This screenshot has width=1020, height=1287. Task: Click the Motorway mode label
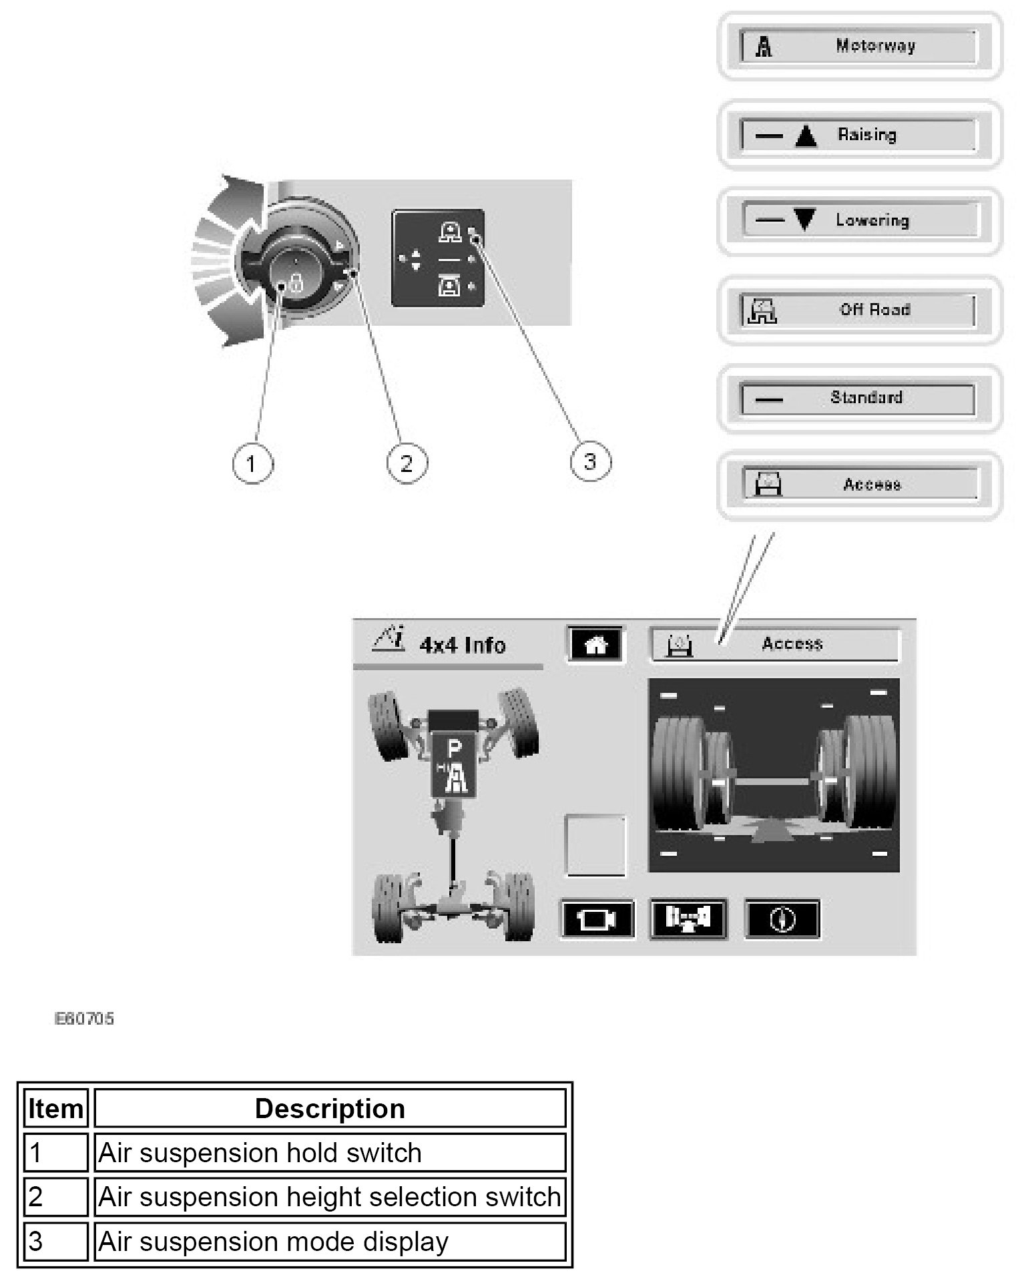pyautogui.click(x=874, y=46)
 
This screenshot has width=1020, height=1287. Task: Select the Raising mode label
pyautogui.click(x=866, y=135)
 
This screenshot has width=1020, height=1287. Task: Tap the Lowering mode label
pyautogui.click(x=872, y=220)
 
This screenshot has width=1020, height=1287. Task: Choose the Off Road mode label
pyautogui.click(x=874, y=310)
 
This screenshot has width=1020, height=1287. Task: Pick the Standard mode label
pyautogui.click(x=866, y=398)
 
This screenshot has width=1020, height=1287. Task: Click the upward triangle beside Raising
pyautogui.click(x=806, y=136)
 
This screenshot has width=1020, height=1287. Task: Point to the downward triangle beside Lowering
pyautogui.click(x=805, y=220)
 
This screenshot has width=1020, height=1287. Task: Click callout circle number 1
pyautogui.click(x=252, y=463)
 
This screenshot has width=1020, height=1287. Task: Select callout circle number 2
pyautogui.click(x=407, y=463)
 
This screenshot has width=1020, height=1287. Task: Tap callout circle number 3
pyautogui.click(x=590, y=461)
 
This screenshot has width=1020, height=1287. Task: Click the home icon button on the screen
pyautogui.click(x=595, y=645)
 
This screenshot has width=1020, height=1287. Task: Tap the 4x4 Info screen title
pyautogui.click(x=462, y=645)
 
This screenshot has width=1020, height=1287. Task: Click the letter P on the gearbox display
pyautogui.click(x=454, y=749)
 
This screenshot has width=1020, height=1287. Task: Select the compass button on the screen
pyautogui.click(x=782, y=920)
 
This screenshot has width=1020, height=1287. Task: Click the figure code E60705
pyautogui.click(x=84, y=1019)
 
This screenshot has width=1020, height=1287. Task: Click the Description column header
pyautogui.click(x=330, y=1109)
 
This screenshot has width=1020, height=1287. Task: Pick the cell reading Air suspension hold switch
pyautogui.click(x=260, y=1153)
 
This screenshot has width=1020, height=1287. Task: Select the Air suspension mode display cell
pyautogui.click(x=273, y=1242)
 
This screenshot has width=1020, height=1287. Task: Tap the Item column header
pyautogui.click(x=55, y=1109)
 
